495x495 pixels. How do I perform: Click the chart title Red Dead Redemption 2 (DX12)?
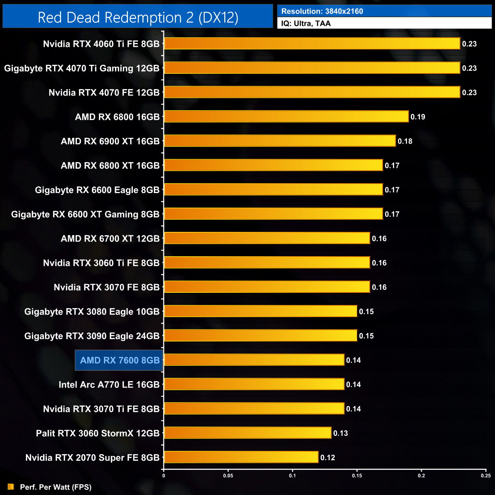coord(138,18)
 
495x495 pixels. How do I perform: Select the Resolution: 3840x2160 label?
coord(322,11)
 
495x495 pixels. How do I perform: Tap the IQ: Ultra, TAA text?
coord(306,24)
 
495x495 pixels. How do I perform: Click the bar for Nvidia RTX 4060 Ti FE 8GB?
coord(312,43)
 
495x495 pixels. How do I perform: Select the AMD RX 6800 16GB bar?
coord(286,117)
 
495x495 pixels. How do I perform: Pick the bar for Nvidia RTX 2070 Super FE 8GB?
coord(241,457)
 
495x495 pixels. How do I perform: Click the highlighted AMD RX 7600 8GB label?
coord(120,360)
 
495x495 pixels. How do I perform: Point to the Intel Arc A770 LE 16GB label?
coord(109,385)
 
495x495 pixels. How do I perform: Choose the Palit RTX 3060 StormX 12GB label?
coord(97,433)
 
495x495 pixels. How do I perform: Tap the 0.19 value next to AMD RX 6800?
coord(418,117)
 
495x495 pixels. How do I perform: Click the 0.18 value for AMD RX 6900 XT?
coord(405,141)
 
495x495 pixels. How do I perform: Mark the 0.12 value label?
coord(327,458)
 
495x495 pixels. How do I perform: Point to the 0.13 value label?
coord(340,433)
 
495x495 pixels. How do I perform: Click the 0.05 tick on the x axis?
coord(228,476)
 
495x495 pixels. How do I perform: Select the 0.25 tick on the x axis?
coord(485,476)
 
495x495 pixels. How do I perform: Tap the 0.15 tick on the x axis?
coord(357,476)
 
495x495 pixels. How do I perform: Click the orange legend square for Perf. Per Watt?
coord(11,487)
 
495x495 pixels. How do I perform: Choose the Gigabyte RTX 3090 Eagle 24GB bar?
coord(260,335)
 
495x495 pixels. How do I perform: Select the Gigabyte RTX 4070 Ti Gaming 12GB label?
coord(81,69)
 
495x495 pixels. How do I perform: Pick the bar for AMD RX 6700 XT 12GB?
coord(267,238)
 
